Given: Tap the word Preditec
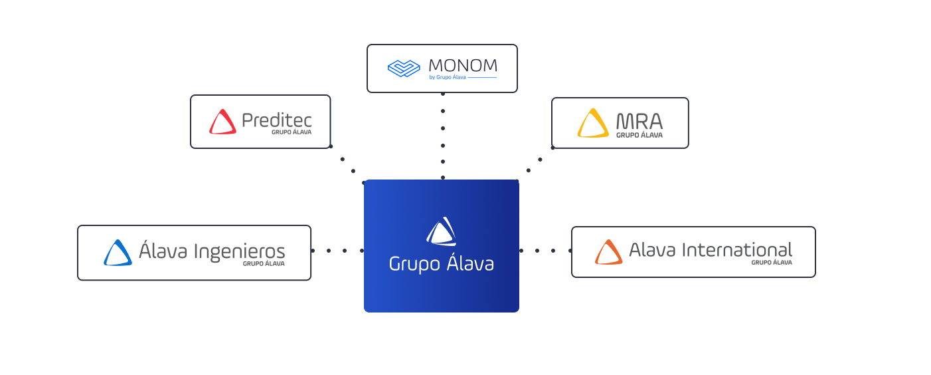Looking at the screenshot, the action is [277, 120].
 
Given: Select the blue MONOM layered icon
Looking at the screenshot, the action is [404, 68].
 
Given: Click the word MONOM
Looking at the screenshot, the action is [463, 65].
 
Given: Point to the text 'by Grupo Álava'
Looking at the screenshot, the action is [448, 77].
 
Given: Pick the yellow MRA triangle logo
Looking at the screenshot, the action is [593, 123].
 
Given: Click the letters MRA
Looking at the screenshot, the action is [639, 121].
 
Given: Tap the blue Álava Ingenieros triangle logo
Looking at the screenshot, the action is [118, 253].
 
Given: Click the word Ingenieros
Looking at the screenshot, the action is [240, 252].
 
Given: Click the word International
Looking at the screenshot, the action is [737, 250].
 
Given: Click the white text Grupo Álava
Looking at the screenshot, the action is [442, 264].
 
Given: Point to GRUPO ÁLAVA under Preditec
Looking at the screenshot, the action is [292, 132].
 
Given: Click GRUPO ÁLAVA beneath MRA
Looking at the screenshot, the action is [639, 135].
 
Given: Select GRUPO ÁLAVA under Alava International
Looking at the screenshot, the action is [772, 262].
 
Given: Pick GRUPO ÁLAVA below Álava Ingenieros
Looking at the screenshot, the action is [264, 263].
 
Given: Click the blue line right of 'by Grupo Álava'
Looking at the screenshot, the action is [482, 77].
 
